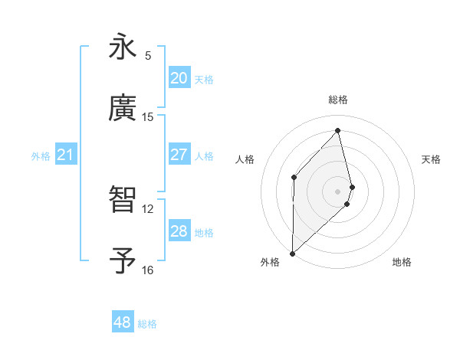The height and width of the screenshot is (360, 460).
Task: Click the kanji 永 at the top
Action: (x=123, y=47)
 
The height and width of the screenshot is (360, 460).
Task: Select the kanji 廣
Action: (x=123, y=109)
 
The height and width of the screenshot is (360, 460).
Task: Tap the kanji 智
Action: (x=123, y=200)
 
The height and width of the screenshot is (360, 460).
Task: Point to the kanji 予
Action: (x=123, y=261)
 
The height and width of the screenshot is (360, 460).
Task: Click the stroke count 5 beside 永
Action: (x=148, y=56)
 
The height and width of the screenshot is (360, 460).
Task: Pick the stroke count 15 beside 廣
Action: (x=148, y=117)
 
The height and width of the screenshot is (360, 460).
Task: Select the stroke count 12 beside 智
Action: (x=148, y=208)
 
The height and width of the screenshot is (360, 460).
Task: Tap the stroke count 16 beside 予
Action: (x=148, y=270)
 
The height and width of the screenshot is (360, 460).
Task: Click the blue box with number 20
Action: (x=179, y=78)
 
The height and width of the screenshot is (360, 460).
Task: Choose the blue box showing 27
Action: (x=179, y=155)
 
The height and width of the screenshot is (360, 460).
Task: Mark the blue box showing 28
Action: (x=179, y=231)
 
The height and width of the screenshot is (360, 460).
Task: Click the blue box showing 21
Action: (x=65, y=155)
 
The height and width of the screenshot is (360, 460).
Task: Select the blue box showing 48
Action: (x=123, y=322)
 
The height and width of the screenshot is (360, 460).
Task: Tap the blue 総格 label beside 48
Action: (x=147, y=324)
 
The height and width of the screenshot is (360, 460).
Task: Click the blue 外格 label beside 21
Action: (x=41, y=156)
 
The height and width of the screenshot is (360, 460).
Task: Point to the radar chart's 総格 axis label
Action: (x=338, y=100)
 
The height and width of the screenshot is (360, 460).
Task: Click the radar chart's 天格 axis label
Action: (x=432, y=159)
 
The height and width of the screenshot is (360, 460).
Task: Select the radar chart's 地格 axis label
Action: (x=402, y=262)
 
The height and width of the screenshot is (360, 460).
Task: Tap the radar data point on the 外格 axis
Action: (x=292, y=253)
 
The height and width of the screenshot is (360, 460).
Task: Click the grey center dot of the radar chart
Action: (x=338, y=190)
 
